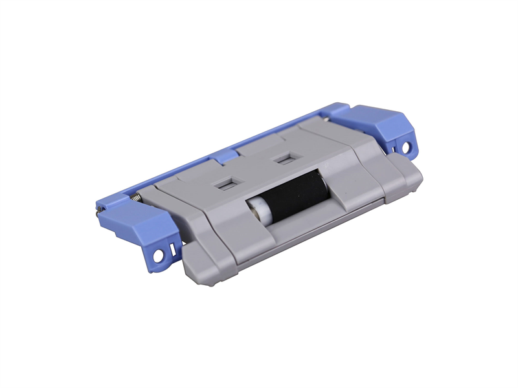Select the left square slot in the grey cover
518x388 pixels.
(224, 184)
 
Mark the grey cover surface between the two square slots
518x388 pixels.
(254, 169)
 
